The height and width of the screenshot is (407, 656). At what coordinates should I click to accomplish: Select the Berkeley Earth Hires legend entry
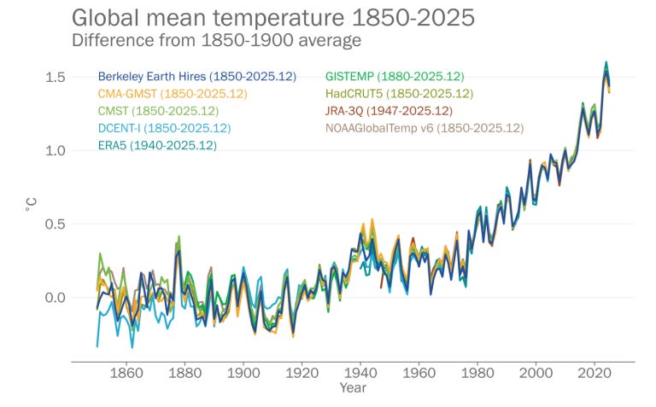[x=196, y=77]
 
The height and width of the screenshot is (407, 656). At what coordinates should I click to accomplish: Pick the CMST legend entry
[x=158, y=111]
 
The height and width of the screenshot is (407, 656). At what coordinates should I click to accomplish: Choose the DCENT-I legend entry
[x=164, y=128]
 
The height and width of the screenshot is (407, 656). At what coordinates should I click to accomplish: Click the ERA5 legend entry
[x=157, y=145]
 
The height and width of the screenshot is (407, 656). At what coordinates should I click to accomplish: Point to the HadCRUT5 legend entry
[x=399, y=94]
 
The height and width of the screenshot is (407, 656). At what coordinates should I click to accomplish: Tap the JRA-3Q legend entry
[x=389, y=111]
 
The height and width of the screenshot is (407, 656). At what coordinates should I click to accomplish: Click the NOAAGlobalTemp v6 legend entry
[x=424, y=128]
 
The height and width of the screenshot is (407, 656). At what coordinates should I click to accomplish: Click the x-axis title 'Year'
[x=352, y=388]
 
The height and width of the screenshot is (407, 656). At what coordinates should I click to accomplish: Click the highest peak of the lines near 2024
[x=606, y=63]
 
